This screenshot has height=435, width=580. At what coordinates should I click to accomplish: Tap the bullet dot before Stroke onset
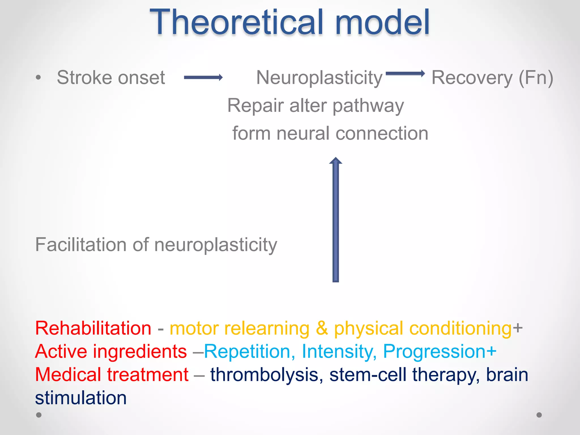point(39,77)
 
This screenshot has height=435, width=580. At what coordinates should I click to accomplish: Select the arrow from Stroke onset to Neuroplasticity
point(203,77)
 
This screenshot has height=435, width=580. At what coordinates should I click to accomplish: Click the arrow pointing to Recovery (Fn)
point(405,74)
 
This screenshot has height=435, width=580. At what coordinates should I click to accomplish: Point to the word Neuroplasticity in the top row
point(319,78)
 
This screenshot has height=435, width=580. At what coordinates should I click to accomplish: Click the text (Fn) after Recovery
point(536,78)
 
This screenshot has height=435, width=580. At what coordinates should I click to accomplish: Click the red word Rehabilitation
point(93,328)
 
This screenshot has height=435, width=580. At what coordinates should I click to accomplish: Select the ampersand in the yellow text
point(322,328)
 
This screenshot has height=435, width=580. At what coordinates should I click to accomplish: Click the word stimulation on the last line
point(81,398)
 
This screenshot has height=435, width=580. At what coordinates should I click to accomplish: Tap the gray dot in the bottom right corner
point(539,415)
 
